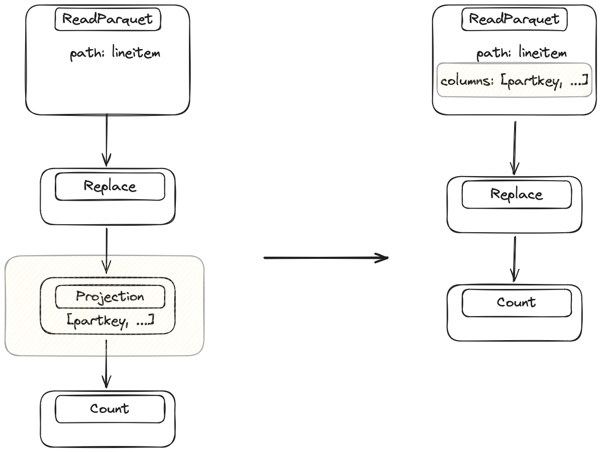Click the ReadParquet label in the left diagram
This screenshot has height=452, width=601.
108,20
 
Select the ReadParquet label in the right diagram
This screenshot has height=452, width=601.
514,20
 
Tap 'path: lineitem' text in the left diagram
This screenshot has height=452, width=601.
115,53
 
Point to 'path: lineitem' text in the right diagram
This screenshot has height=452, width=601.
522,53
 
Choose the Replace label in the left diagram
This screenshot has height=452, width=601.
110,187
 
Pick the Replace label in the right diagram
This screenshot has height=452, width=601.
517,195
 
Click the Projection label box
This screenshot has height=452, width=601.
110,297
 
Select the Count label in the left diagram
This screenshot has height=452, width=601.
110,409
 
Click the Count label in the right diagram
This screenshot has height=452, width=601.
517,303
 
